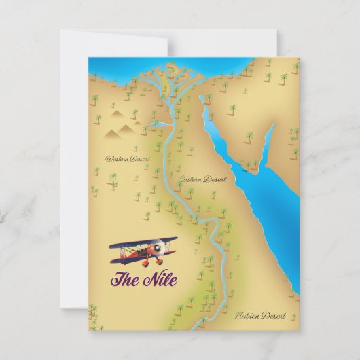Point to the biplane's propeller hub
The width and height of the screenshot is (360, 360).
160,249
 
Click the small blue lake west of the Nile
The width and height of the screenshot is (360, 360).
160,124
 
